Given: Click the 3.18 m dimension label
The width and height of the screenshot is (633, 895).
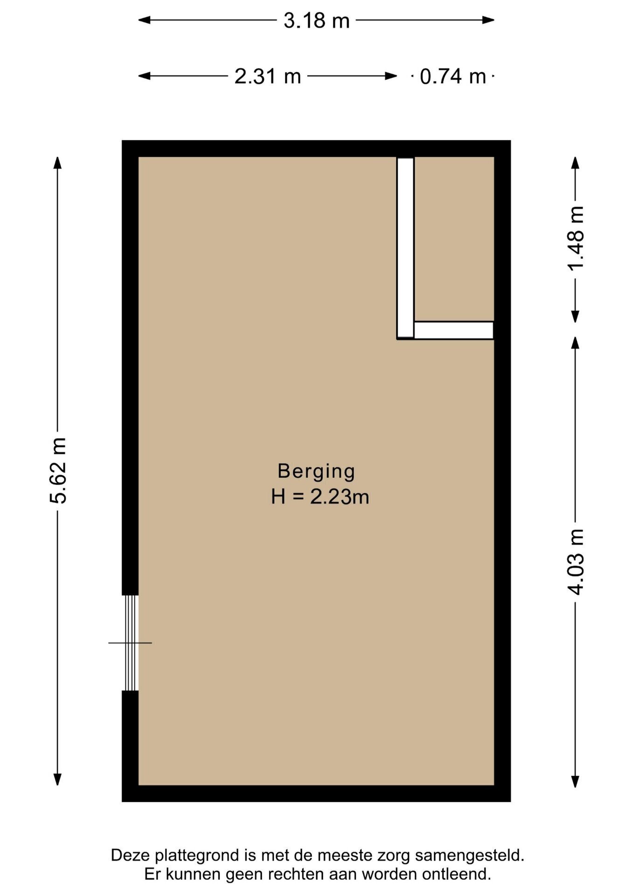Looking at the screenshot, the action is (316, 21).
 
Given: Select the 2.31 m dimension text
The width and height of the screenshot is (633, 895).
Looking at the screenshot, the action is (268, 76).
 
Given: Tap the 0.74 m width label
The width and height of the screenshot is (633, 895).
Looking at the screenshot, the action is (453, 76).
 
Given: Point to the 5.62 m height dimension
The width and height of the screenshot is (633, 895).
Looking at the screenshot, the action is (58, 471).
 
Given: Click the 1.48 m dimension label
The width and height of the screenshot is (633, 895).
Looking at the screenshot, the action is (576, 238).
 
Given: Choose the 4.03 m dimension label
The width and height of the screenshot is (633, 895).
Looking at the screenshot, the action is (576, 562).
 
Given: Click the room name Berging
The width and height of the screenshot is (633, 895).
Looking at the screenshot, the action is (316, 471).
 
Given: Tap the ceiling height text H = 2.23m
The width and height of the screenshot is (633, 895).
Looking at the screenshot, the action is (320, 497).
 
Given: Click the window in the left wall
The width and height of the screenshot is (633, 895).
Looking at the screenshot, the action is (131, 643).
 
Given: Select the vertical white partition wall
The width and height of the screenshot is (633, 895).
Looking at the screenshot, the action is (406, 248).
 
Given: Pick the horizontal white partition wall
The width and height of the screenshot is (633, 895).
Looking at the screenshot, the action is (454, 330).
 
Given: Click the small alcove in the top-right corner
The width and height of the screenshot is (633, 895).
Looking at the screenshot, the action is (454, 239).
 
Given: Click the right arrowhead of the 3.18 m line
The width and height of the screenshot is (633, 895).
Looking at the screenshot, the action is (489, 20).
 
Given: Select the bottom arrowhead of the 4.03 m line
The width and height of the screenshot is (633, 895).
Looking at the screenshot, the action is (576, 781).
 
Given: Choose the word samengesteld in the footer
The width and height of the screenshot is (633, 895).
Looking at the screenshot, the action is (470, 856).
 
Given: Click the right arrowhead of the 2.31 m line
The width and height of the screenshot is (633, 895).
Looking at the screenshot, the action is (392, 76).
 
